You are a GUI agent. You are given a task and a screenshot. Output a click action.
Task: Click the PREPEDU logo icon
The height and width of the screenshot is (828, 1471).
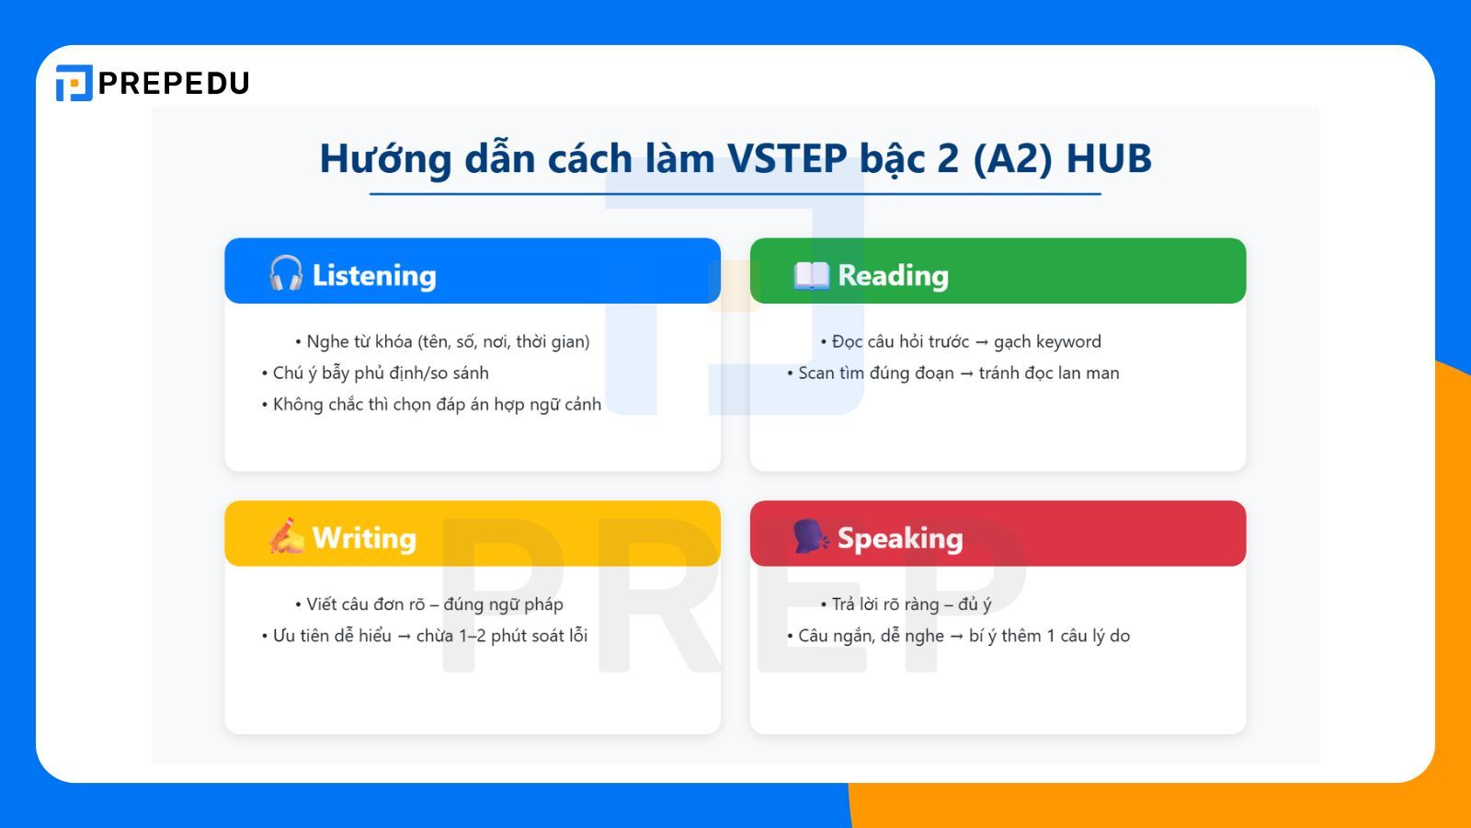point(74,83)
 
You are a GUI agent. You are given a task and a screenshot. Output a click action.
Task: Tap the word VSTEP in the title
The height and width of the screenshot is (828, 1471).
point(787,158)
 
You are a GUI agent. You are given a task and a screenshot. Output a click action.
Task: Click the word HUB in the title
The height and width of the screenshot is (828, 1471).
point(1109,158)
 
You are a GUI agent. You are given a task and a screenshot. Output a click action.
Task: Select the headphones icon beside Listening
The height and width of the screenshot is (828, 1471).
point(286,274)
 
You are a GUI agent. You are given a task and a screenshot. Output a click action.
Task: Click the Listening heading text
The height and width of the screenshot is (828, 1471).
point(374,275)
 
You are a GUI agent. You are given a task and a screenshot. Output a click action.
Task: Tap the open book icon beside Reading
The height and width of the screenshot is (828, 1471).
point(811,275)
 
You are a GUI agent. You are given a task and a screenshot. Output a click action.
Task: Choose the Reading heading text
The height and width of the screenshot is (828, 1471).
point(893,275)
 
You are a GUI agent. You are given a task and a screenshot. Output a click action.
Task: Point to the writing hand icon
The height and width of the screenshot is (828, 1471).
point(286,536)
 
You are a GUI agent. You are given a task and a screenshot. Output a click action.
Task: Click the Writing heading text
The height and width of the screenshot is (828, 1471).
point(364,537)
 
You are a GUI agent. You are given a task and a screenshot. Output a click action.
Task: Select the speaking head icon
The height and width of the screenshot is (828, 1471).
point(811,536)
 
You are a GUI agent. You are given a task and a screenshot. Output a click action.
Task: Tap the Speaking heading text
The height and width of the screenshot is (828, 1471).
point(900,537)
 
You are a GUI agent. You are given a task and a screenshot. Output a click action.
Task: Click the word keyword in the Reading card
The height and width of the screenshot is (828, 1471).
point(1066,341)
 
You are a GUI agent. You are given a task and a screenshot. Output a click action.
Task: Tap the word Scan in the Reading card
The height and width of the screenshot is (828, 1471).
point(815,373)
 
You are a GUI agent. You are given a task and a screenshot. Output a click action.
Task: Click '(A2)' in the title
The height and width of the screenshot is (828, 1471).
point(1012,158)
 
